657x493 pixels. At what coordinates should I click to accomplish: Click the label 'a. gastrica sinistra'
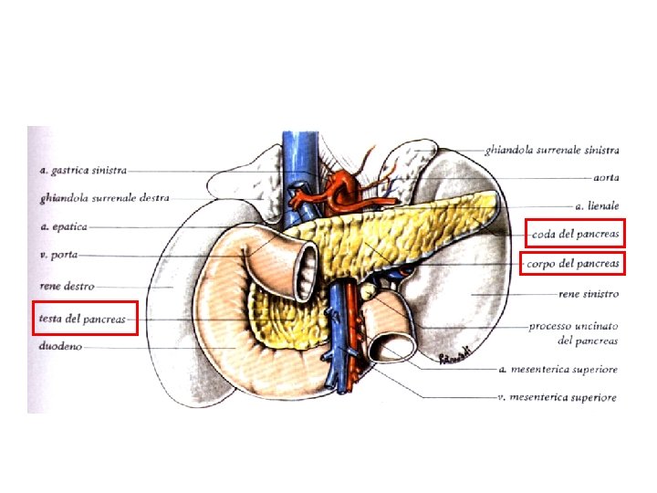(x=83, y=170)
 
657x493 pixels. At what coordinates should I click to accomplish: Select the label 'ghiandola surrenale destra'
(x=104, y=197)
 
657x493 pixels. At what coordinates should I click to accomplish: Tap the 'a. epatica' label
(x=64, y=226)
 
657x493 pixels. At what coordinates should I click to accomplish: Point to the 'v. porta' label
(x=57, y=256)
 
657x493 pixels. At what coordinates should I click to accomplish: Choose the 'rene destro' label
(x=67, y=287)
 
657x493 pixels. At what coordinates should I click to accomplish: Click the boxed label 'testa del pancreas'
(x=83, y=319)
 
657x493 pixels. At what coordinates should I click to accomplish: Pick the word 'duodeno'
(x=60, y=347)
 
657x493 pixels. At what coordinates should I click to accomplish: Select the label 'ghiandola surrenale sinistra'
(x=553, y=150)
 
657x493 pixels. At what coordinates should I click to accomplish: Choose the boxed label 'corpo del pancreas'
(x=573, y=264)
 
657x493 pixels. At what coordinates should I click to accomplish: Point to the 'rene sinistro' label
(x=588, y=294)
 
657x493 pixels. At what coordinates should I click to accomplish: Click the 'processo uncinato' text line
(x=573, y=326)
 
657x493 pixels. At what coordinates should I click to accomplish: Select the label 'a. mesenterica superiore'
(x=559, y=370)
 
